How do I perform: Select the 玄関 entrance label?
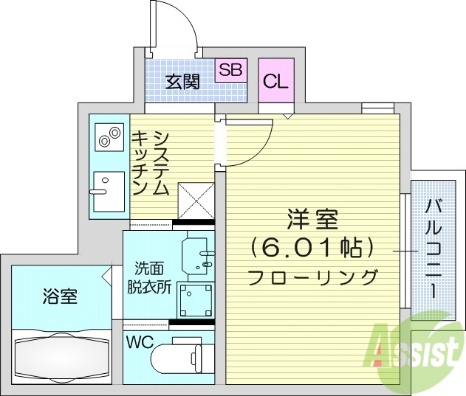(x=182, y=81)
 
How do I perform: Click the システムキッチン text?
(x=151, y=163)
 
